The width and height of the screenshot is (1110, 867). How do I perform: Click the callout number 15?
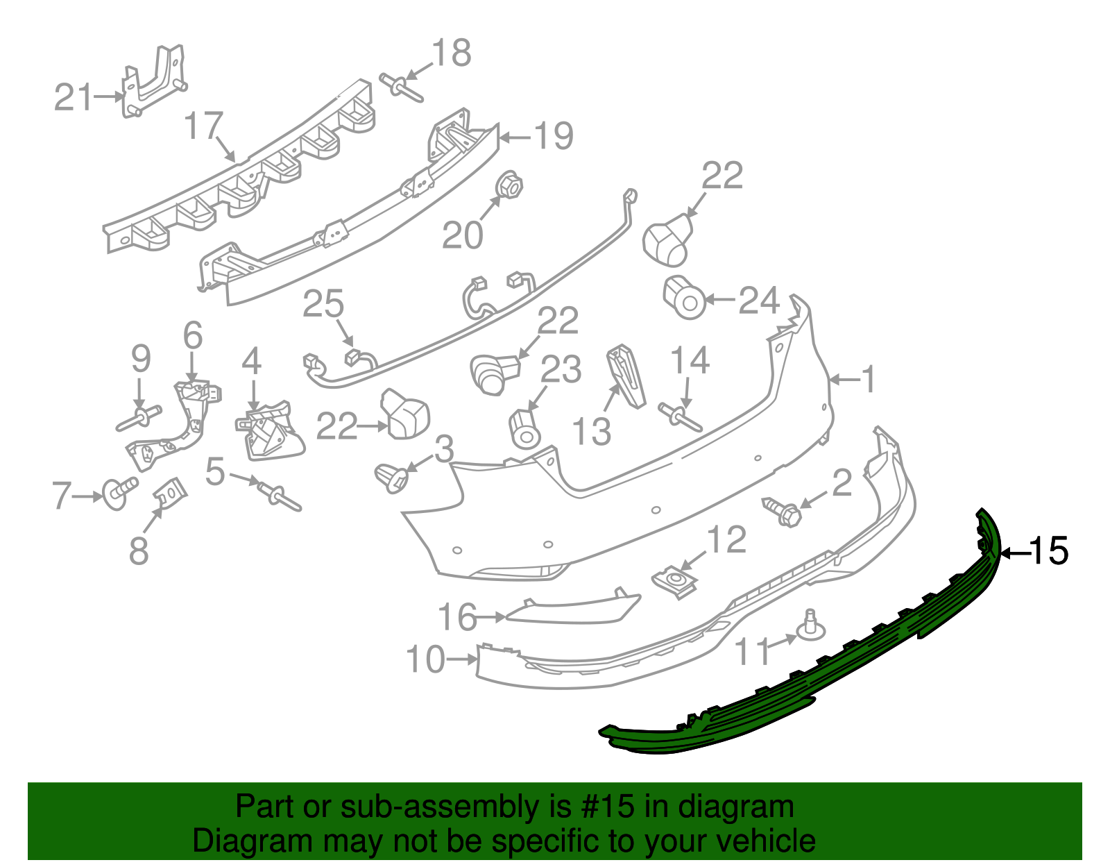1049,552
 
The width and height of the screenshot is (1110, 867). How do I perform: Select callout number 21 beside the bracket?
73,97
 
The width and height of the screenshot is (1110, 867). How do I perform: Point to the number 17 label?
203,126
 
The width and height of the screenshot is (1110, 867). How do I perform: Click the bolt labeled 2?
782,512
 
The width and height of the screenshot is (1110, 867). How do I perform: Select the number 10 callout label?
425,659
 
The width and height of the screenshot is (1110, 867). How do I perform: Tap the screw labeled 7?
118,492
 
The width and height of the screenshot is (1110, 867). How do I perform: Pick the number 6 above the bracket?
193,336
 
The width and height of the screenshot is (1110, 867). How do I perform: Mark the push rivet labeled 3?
392,478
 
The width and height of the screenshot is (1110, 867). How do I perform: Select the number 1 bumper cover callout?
867,380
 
